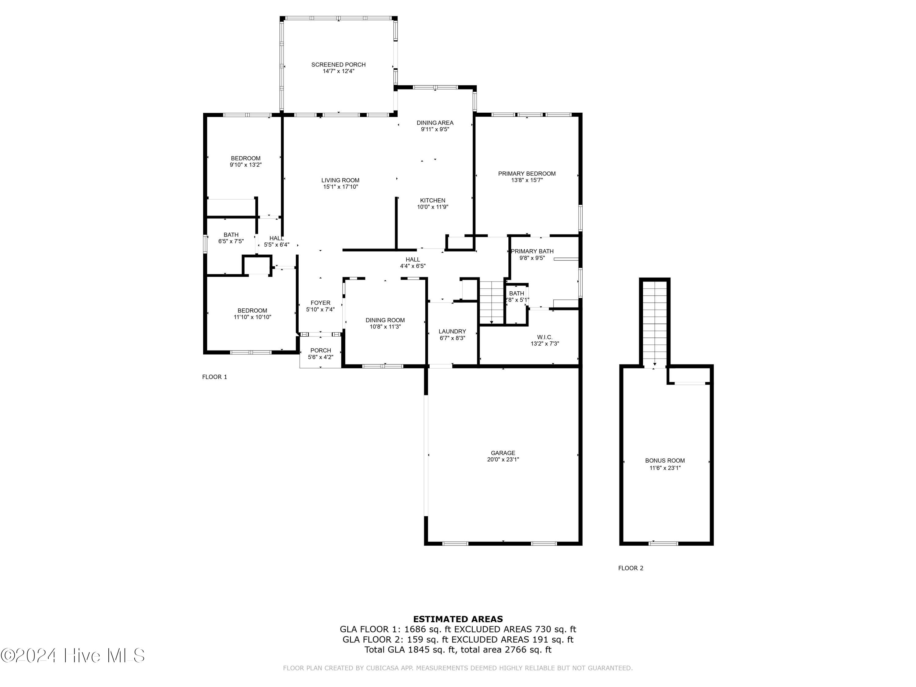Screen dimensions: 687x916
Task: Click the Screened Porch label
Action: tap(338, 65)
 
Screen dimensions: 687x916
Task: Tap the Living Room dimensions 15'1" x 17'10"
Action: tap(340, 187)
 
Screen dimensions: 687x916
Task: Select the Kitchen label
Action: tap(433, 200)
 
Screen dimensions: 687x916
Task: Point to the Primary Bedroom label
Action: tap(526, 173)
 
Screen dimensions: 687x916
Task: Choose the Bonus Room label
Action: tap(665, 460)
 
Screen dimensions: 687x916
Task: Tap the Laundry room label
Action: tap(452, 331)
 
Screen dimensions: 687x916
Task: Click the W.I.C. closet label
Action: tap(544, 337)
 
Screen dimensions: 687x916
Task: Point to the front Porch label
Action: tap(321, 350)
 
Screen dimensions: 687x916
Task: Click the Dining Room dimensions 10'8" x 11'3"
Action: tap(385, 327)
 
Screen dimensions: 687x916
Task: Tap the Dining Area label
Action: tap(435, 122)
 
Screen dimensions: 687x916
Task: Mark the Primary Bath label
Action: tap(532, 251)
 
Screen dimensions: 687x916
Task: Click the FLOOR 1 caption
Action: tap(215, 377)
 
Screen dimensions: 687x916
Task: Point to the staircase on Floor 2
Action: tap(654, 323)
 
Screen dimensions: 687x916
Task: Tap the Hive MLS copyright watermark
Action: tap(73, 656)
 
